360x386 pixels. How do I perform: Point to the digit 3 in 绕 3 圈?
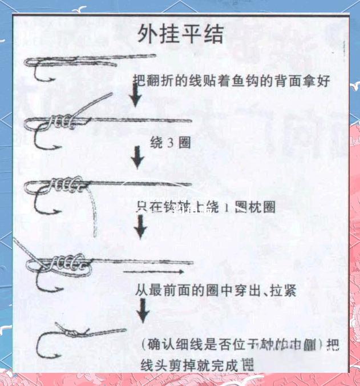pos(173,143)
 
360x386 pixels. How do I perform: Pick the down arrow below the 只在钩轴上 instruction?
pos(140,228)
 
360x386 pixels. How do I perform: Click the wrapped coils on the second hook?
pos(60,121)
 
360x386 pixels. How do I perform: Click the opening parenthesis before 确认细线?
pos(143,345)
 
